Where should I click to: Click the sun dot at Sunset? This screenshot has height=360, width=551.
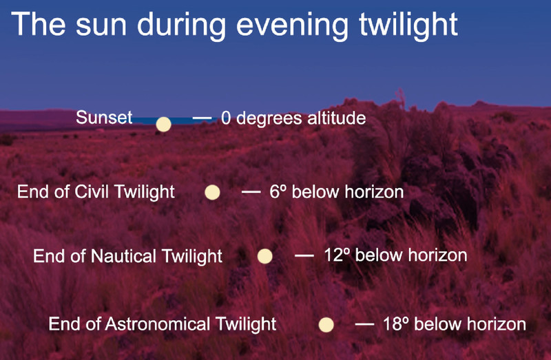(163, 125)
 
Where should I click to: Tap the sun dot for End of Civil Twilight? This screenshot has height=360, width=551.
(212, 193)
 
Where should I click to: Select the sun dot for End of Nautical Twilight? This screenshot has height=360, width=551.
(265, 256)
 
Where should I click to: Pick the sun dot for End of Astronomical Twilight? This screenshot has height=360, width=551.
(326, 324)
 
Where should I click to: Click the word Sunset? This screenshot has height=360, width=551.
(104, 117)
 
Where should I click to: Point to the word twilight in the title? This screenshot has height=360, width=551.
(408, 25)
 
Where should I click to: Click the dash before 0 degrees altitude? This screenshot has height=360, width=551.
(202, 118)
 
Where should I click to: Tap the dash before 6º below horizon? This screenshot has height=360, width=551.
(251, 192)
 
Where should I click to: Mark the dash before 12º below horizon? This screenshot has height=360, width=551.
(304, 255)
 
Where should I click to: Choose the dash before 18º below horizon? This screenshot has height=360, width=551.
(365, 324)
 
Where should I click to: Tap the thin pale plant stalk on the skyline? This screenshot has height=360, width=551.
(400, 98)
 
